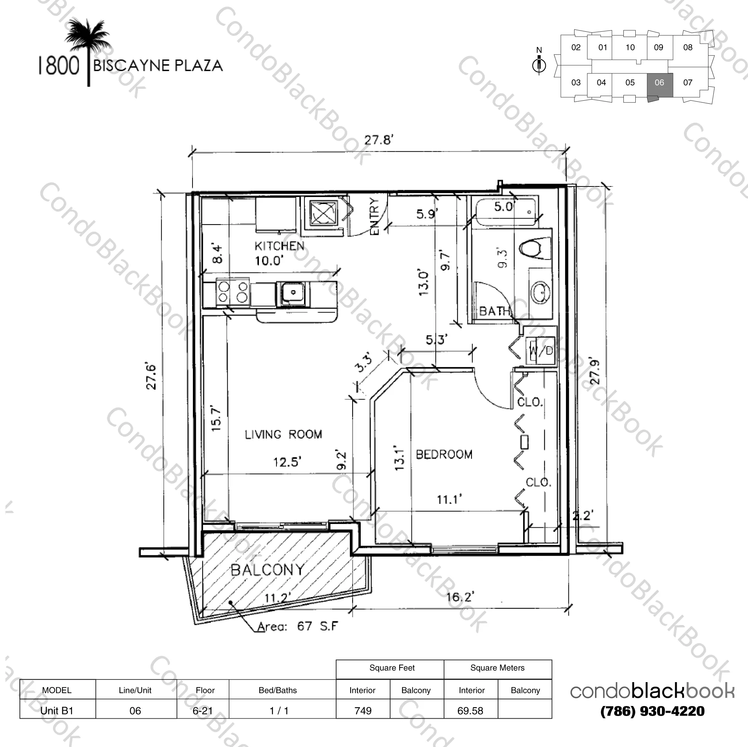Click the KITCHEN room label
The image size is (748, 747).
point(279,246)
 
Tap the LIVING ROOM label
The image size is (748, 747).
point(283,434)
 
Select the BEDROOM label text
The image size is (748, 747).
point(444,454)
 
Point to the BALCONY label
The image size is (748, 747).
point(267,570)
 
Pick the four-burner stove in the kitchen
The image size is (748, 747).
point(233,292)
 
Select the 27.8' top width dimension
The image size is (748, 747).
point(378,140)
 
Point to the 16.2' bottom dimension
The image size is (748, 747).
point(460,597)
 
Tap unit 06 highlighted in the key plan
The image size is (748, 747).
point(659,83)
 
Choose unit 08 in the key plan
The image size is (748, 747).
point(688,48)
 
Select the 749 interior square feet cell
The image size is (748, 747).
point(363,711)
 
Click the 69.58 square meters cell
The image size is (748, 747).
point(470,711)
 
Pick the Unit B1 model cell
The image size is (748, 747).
point(57,711)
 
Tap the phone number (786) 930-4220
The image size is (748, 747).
point(652,712)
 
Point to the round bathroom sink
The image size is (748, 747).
point(540,292)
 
